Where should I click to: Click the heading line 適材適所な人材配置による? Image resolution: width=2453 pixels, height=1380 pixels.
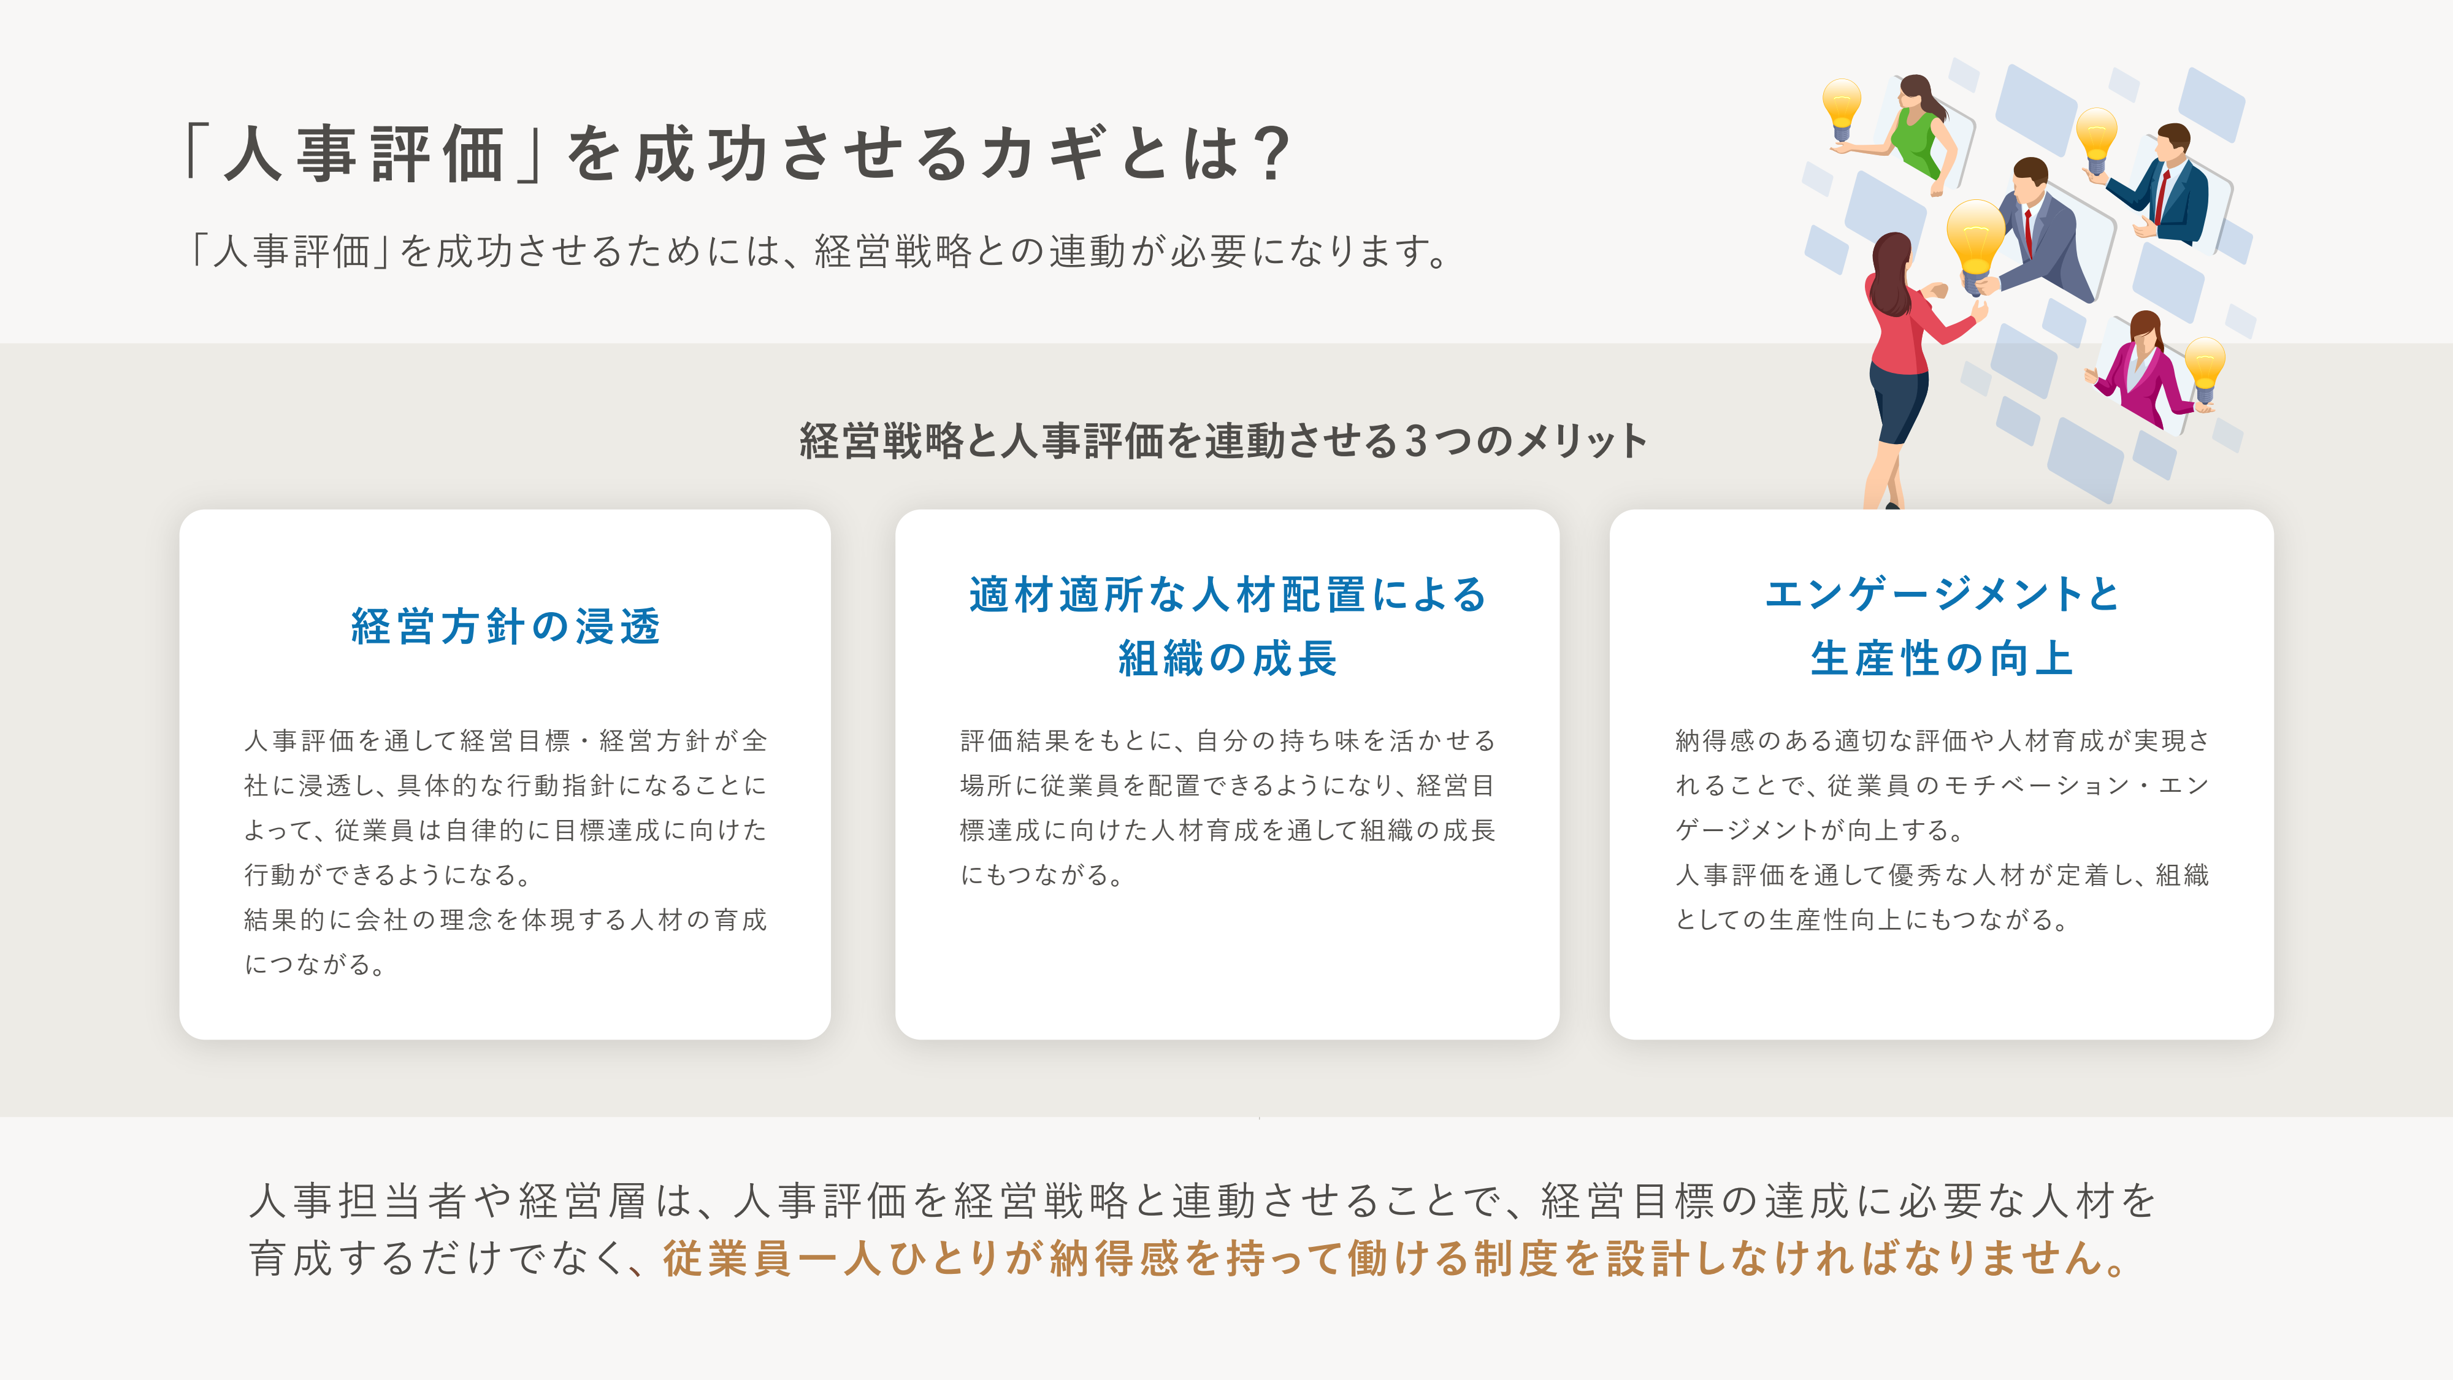[x=1228, y=594]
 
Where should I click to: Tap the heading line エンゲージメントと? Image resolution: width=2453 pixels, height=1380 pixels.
[x=1942, y=594]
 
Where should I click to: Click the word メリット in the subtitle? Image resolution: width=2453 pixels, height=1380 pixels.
[x=1581, y=441]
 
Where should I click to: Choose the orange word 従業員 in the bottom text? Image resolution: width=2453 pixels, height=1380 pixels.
[x=727, y=1258]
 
